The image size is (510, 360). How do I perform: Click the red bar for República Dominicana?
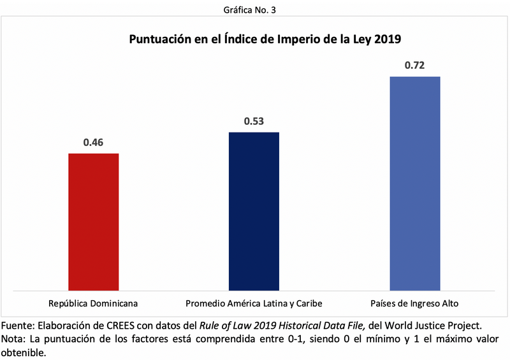[x=93, y=221]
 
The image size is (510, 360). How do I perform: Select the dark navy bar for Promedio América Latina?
[x=254, y=211]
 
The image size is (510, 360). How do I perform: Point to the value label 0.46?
[x=93, y=142]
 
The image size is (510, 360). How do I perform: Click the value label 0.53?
[x=254, y=121]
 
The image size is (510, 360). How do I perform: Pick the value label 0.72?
[x=414, y=66]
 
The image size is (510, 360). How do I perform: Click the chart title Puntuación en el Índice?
[x=265, y=40]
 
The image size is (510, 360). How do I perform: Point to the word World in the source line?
[x=398, y=324]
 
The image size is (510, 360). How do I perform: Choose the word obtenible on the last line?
[x=24, y=352]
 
